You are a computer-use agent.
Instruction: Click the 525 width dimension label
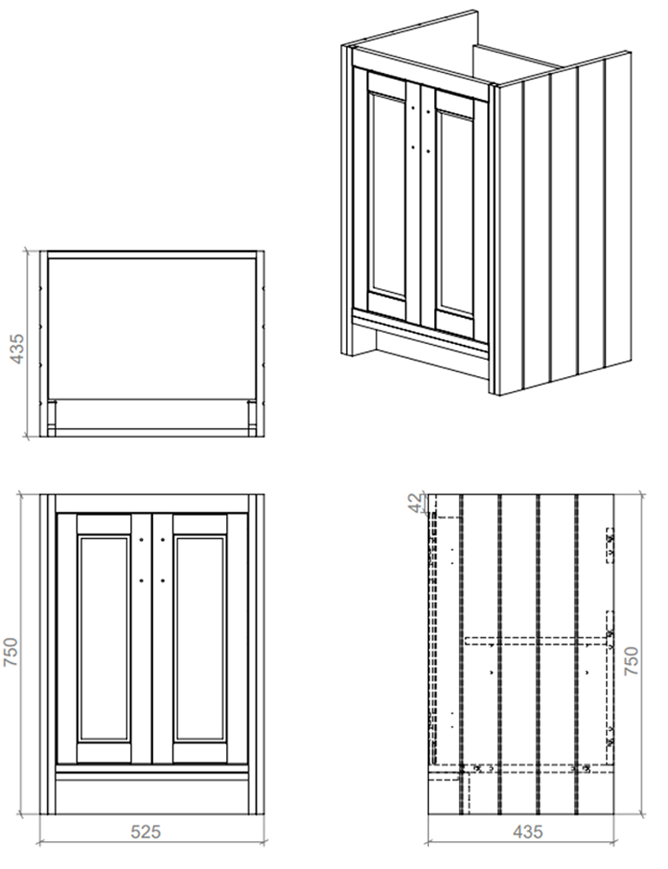(x=145, y=832)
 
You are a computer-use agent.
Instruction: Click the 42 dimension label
(x=416, y=503)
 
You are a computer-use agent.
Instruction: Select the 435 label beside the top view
(x=17, y=348)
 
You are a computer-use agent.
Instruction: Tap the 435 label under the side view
(x=528, y=832)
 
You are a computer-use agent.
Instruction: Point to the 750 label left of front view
(x=11, y=653)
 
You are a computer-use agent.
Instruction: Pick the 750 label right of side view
(x=632, y=660)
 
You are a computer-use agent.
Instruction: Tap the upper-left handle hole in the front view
(x=141, y=540)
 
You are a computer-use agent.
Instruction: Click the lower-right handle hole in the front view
(x=163, y=580)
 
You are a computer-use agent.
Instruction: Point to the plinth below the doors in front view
(x=152, y=793)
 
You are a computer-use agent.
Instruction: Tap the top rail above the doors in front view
(x=152, y=504)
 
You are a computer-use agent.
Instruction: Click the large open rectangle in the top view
(x=151, y=328)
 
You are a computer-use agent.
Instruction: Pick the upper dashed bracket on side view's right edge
(x=610, y=546)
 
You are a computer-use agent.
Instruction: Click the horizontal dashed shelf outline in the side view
(x=536, y=641)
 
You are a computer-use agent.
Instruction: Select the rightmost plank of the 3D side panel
(x=618, y=209)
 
